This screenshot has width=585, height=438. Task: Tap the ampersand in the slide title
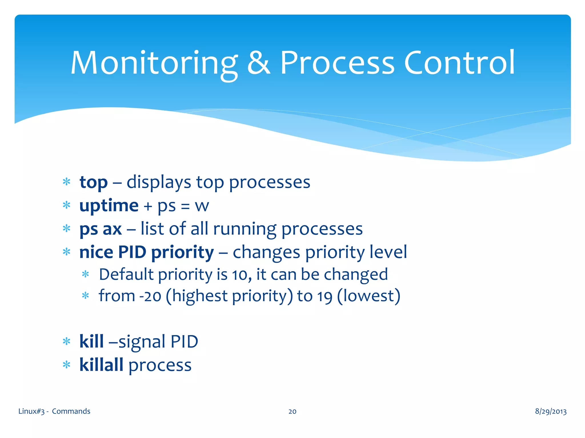point(259,63)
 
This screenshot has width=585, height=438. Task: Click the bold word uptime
point(109,206)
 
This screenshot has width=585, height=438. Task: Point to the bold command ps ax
point(101,229)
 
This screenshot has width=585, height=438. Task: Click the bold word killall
point(101,365)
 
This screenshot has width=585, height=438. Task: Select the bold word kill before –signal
point(91,342)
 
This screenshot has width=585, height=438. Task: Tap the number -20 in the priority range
point(150,296)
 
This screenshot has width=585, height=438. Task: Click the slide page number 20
point(292,411)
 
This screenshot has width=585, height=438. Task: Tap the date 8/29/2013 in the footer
point(550,411)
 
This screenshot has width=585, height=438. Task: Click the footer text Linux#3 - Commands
point(54,411)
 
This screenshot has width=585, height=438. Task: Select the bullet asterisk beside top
point(67,182)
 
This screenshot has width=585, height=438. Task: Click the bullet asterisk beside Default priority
point(85,275)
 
